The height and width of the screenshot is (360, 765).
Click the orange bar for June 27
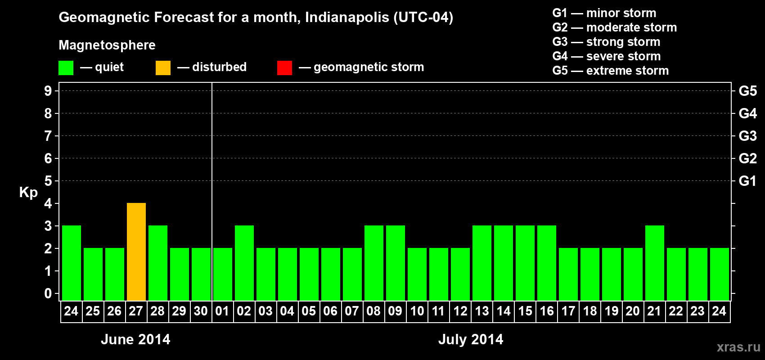(x=136, y=252)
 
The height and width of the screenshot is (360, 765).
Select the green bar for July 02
(x=244, y=263)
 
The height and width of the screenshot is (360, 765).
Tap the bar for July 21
(x=655, y=263)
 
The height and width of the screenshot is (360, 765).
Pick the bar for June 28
(x=158, y=263)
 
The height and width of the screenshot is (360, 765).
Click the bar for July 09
(x=396, y=263)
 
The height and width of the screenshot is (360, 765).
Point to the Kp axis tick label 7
(x=48, y=136)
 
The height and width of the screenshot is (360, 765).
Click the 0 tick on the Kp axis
(x=48, y=293)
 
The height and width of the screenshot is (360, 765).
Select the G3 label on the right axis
(x=747, y=136)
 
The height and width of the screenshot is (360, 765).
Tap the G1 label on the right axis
(x=747, y=181)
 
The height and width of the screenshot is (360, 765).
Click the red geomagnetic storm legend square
(x=284, y=68)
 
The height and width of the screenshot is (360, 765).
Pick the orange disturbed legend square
(x=163, y=68)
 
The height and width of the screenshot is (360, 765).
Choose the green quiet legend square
(x=66, y=68)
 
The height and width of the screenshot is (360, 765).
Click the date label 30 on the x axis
(x=201, y=311)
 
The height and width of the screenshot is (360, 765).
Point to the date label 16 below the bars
(x=547, y=311)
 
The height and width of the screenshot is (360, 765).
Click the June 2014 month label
(x=135, y=339)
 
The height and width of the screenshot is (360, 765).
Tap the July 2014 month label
(x=471, y=339)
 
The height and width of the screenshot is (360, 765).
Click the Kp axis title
(x=28, y=193)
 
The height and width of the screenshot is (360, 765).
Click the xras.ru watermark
(x=738, y=347)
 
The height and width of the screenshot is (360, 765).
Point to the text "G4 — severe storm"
(x=606, y=56)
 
